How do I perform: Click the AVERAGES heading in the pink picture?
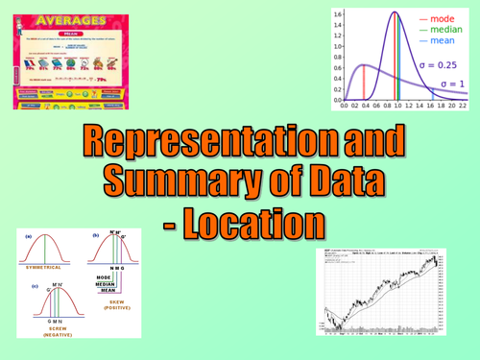[x=76, y=19]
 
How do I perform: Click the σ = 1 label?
[x=452, y=84]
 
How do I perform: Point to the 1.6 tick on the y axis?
[x=337, y=14]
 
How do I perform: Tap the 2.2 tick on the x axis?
[x=463, y=107]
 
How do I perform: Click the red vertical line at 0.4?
[x=362, y=83]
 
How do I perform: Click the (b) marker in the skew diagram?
[x=96, y=235]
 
